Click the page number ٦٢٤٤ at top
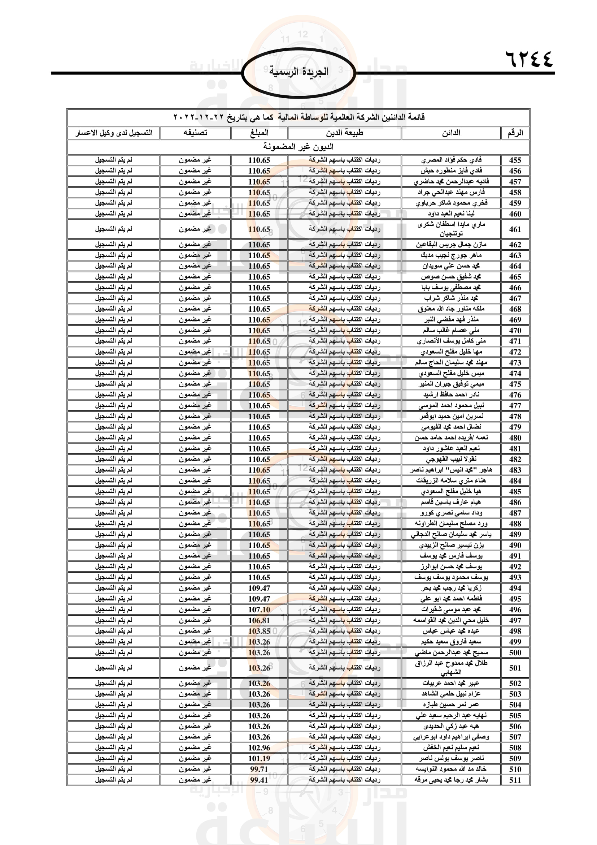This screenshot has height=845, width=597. [529, 59]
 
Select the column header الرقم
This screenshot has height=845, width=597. [515, 133]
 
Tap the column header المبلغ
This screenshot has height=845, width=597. [259, 133]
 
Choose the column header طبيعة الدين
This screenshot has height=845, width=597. [344, 133]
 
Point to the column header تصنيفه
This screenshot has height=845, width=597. [195, 133]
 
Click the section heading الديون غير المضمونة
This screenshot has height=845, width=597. [298, 147]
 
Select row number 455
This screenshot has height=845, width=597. [515, 160]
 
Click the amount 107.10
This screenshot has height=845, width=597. [259, 609]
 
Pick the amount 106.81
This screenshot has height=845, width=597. [259, 620]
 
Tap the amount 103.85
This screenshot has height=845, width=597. [259, 631]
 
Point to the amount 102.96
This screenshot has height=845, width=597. [259, 747]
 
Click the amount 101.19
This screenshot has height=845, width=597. [259, 758]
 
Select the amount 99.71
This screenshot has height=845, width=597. [259, 769]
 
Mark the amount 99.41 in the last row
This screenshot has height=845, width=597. [259, 780]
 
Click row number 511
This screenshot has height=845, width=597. [515, 780]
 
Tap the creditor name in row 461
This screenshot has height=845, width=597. [451, 229]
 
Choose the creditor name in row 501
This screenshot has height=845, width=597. [451, 668]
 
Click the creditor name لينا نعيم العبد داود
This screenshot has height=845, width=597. [451, 214]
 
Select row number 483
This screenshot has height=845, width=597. [515, 470]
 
